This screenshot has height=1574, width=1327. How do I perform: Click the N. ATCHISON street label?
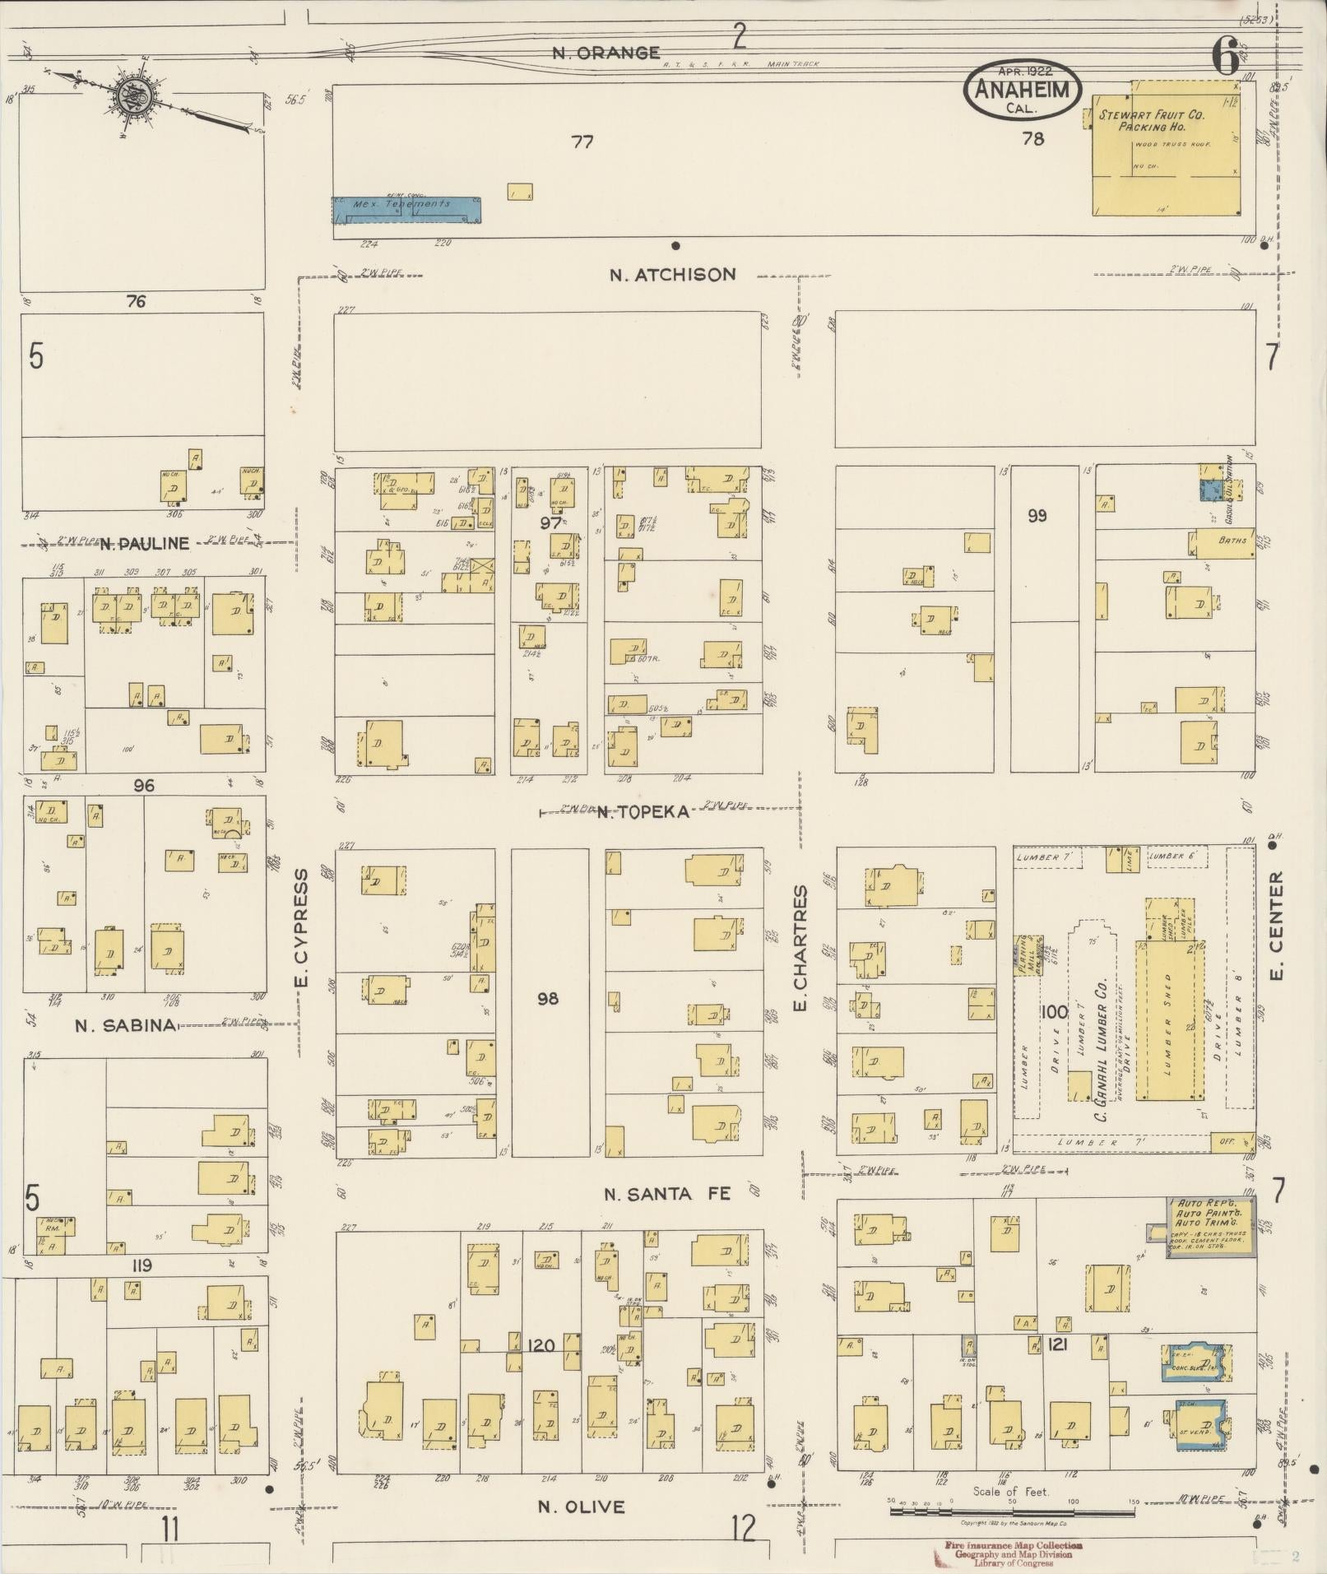point(672,275)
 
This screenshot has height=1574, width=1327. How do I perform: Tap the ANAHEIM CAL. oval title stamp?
point(1023,90)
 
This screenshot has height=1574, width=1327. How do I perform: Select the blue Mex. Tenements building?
point(406,209)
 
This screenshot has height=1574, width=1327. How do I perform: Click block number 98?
point(548,998)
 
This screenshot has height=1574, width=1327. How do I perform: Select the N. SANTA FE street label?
point(667,1194)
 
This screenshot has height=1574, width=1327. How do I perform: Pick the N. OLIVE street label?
point(581,1507)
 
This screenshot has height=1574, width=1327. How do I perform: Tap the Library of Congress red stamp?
point(1008,1551)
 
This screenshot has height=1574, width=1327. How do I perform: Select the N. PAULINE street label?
point(145,543)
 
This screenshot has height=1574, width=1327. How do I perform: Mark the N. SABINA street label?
point(125,1025)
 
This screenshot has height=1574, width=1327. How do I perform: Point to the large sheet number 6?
point(1226,58)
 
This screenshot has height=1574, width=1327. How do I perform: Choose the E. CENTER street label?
point(1276,926)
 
